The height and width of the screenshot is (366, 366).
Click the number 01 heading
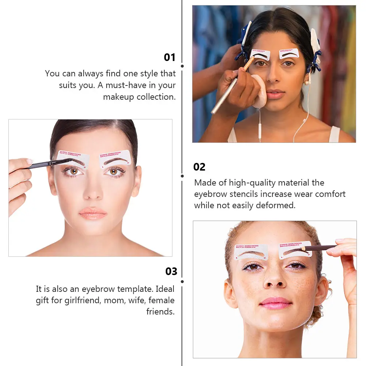pos(169,57)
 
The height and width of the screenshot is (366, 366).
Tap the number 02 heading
pos(199,167)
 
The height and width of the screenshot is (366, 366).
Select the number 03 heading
pos(171,271)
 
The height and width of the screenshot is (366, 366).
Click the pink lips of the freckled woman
pos(276,303)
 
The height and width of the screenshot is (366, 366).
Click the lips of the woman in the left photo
pos(93,213)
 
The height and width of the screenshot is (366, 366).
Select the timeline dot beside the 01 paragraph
pos(182,66)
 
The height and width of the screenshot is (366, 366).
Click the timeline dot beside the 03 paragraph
pos(182,282)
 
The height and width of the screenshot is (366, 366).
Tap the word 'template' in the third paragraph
pos(134,289)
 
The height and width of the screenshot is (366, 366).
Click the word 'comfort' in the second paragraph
pos(330,194)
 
